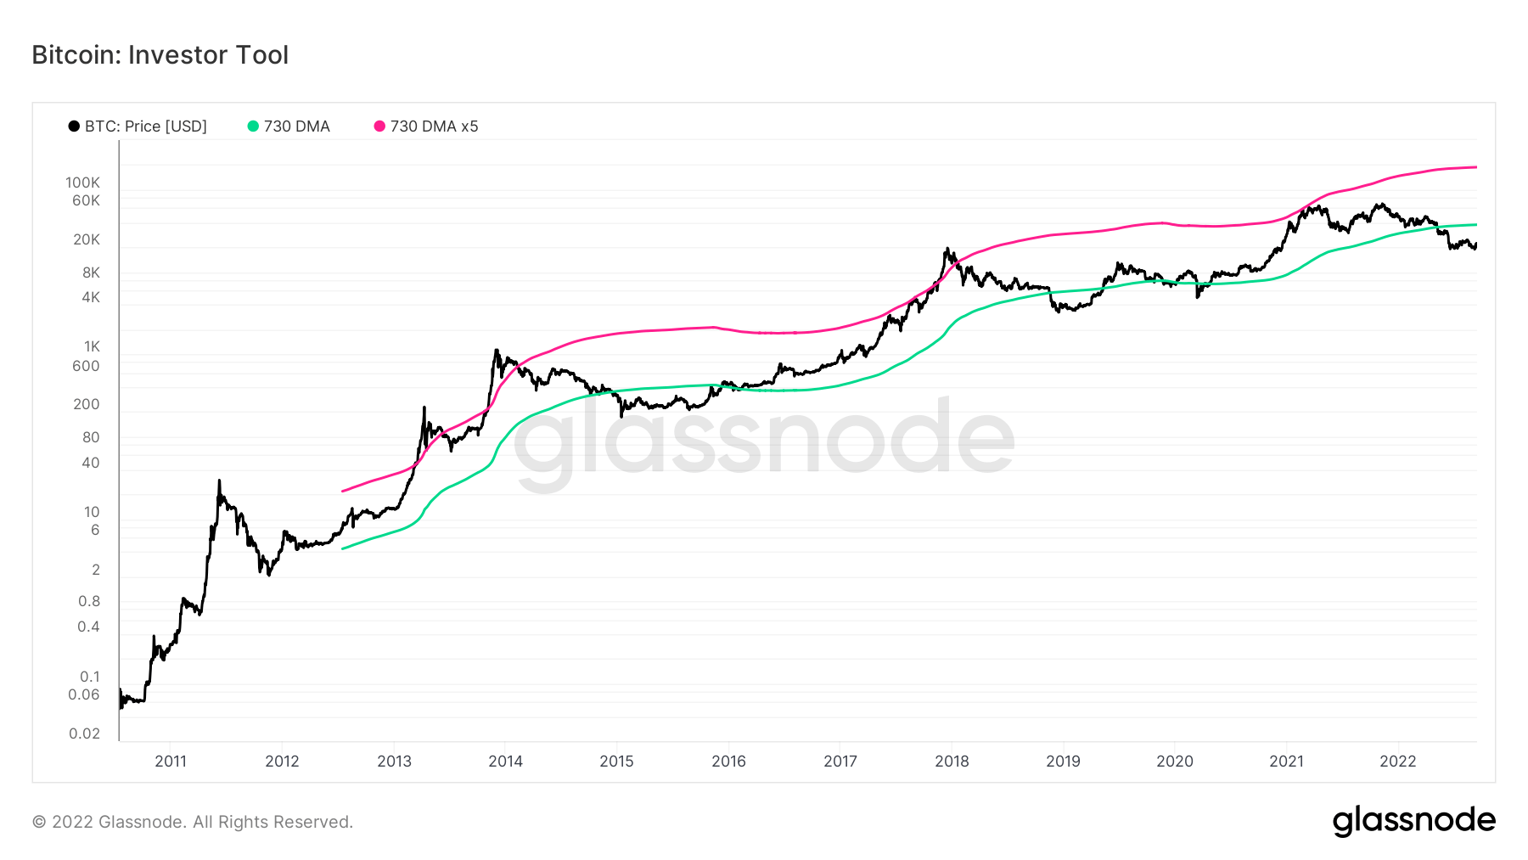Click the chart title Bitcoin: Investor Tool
tap(160, 55)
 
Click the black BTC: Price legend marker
tap(75, 126)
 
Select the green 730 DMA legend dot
tap(253, 126)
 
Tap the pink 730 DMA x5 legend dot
tap(379, 126)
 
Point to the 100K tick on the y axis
tap(83, 183)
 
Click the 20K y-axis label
tap(87, 239)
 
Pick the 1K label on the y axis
tap(92, 346)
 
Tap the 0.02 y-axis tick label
tap(85, 734)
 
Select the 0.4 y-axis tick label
tap(89, 627)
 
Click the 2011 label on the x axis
tap(171, 762)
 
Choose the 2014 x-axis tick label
tap(506, 762)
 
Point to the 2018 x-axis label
tap(952, 762)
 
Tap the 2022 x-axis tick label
tap(1398, 762)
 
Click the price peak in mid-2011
tap(219, 481)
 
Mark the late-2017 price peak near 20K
tap(947, 250)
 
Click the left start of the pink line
tap(342, 491)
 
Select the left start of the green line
tap(342, 549)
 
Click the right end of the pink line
tap(1476, 167)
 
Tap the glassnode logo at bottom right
tap(1413, 821)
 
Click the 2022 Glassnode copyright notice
tap(193, 822)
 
